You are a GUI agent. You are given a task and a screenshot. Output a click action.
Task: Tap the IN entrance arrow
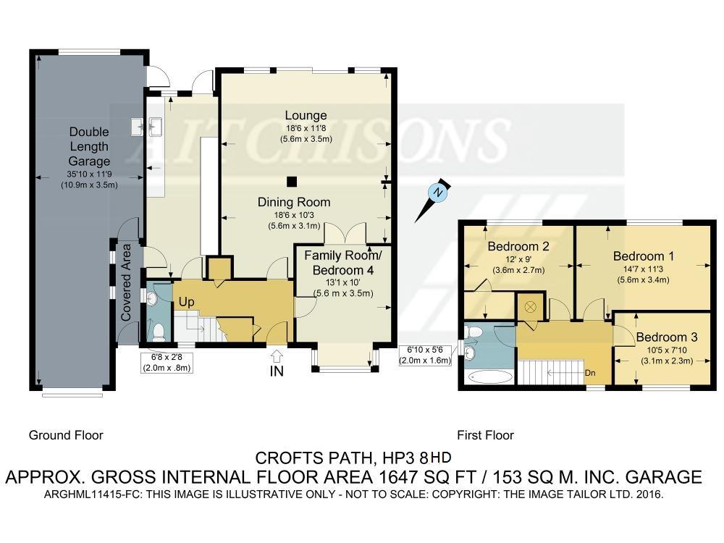(x=277, y=355)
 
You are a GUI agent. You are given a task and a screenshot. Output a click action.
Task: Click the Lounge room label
(x=306, y=115)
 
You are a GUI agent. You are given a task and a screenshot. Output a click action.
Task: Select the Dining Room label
(x=294, y=202)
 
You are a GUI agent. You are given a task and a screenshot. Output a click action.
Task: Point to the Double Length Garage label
(x=89, y=146)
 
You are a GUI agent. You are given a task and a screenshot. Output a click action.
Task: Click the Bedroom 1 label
(x=643, y=256)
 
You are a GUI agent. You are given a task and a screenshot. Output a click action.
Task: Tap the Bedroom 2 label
(x=518, y=247)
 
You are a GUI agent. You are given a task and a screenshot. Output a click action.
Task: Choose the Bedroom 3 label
(x=667, y=337)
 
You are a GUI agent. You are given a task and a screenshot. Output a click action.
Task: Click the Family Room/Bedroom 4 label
(x=343, y=263)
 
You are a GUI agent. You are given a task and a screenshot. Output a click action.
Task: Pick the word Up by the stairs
(x=187, y=302)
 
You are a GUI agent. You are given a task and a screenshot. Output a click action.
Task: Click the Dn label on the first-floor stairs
(x=590, y=373)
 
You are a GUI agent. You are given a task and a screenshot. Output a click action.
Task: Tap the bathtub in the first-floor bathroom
(x=489, y=376)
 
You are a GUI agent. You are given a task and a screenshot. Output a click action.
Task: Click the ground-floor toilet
(x=159, y=332)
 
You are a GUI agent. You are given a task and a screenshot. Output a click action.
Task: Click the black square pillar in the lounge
(x=291, y=182)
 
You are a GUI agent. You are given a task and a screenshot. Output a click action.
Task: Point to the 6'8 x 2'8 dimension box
(x=167, y=363)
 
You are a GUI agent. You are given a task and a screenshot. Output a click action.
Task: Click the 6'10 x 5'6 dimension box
(x=425, y=355)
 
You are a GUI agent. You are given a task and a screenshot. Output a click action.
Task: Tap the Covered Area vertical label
(x=126, y=282)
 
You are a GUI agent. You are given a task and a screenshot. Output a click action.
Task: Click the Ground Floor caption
(x=66, y=435)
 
